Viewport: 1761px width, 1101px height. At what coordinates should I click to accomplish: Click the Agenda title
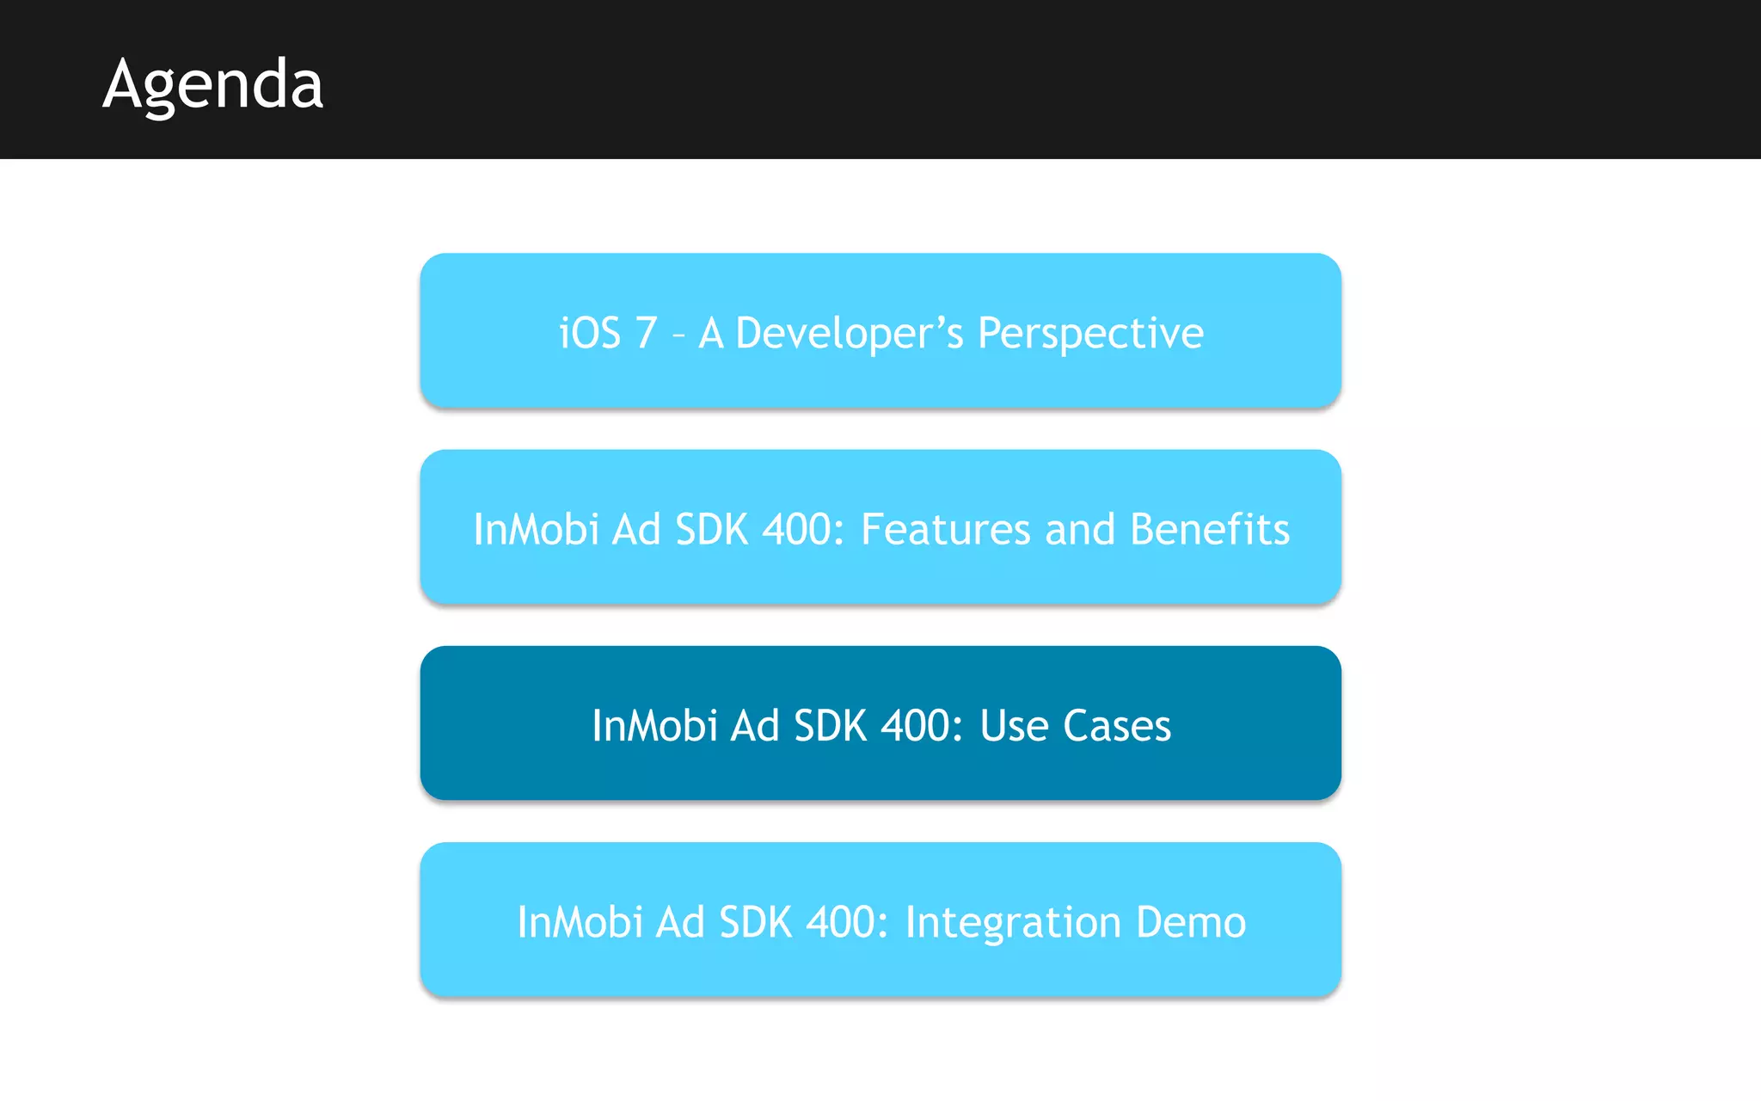click(x=212, y=84)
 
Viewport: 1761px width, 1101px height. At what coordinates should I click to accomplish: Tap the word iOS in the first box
click(x=590, y=333)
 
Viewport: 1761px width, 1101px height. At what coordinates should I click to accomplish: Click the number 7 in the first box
click(x=646, y=333)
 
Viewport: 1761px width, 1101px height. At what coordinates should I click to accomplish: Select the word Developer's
click(x=850, y=334)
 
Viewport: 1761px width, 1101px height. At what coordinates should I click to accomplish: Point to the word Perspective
click(x=1090, y=334)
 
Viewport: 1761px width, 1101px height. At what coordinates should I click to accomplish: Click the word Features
click(x=945, y=529)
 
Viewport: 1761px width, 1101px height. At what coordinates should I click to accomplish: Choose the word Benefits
click(x=1210, y=529)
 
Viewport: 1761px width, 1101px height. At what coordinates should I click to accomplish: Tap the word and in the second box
click(x=1079, y=529)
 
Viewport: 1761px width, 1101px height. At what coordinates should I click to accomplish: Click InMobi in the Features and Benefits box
click(x=536, y=529)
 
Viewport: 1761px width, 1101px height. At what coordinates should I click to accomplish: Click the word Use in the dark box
click(x=1014, y=725)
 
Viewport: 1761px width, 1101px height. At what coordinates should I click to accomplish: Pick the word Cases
click(x=1117, y=725)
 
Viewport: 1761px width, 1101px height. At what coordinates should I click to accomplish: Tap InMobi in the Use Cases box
click(x=654, y=725)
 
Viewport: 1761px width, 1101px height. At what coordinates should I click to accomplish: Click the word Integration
click(x=1013, y=922)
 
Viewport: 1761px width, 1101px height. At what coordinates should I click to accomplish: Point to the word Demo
click(x=1191, y=922)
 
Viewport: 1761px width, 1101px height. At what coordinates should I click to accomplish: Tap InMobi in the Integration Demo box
click(x=580, y=922)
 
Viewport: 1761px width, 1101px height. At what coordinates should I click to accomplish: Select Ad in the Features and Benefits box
click(x=636, y=529)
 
